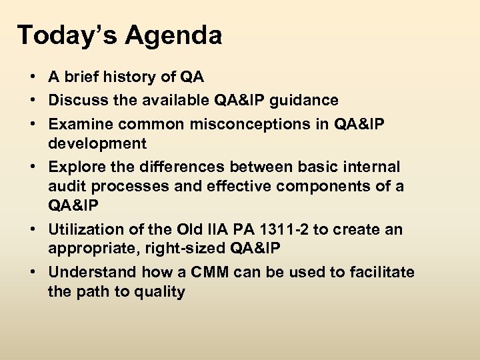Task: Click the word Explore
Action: [75, 165]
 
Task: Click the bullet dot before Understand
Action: [32, 272]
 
